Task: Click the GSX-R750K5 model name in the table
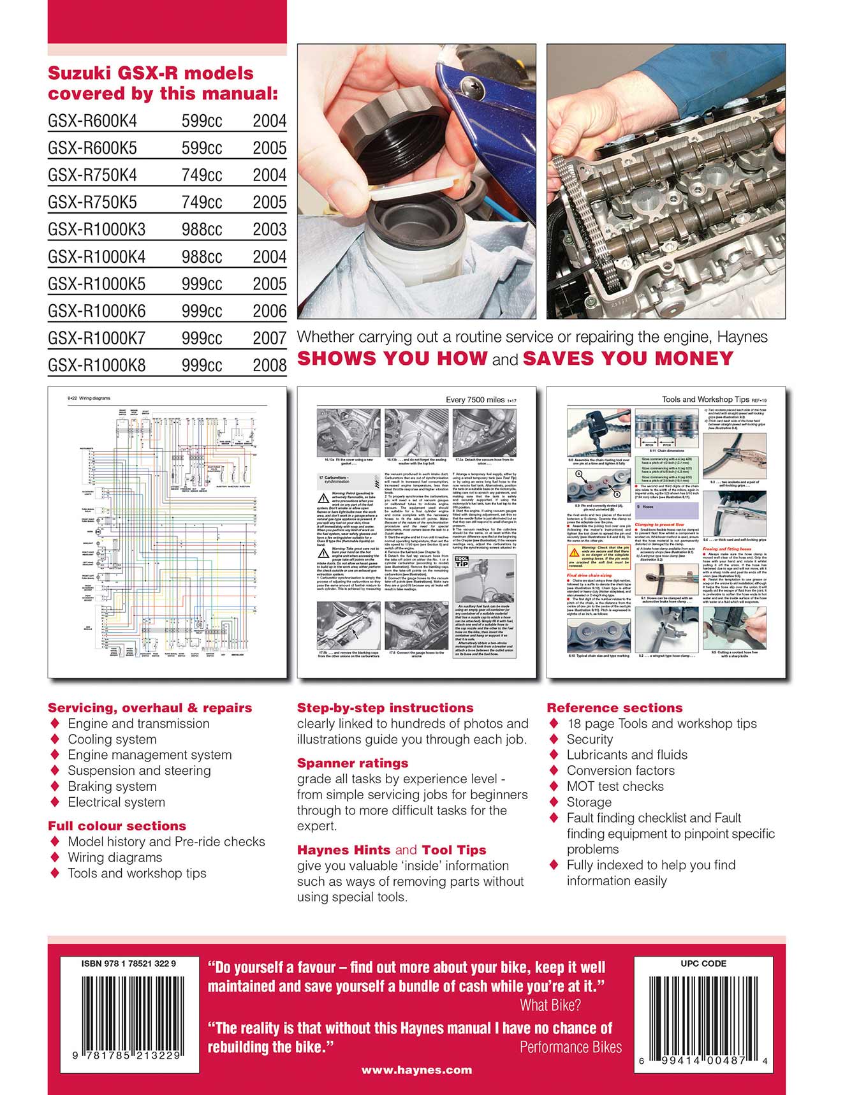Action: tap(92, 202)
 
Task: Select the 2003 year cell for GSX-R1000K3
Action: tap(269, 230)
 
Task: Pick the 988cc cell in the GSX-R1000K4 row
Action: tap(202, 257)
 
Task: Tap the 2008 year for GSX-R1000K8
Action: tap(269, 365)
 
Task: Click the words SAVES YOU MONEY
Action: tap(628, 358)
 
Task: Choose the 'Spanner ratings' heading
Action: tap(353, 763)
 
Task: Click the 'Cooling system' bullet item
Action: tap(112, 740)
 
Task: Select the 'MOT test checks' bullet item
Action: tap(615, 787)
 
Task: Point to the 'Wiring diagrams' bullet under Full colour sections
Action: tap(115, 858)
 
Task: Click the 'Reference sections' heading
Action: tap(614, 708)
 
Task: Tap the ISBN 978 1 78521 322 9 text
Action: tap(129, 964)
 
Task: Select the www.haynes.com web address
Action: tap(416, 1070)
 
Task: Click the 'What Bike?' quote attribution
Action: tap(550, 1006)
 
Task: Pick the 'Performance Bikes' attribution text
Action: tap(570, 1047)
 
